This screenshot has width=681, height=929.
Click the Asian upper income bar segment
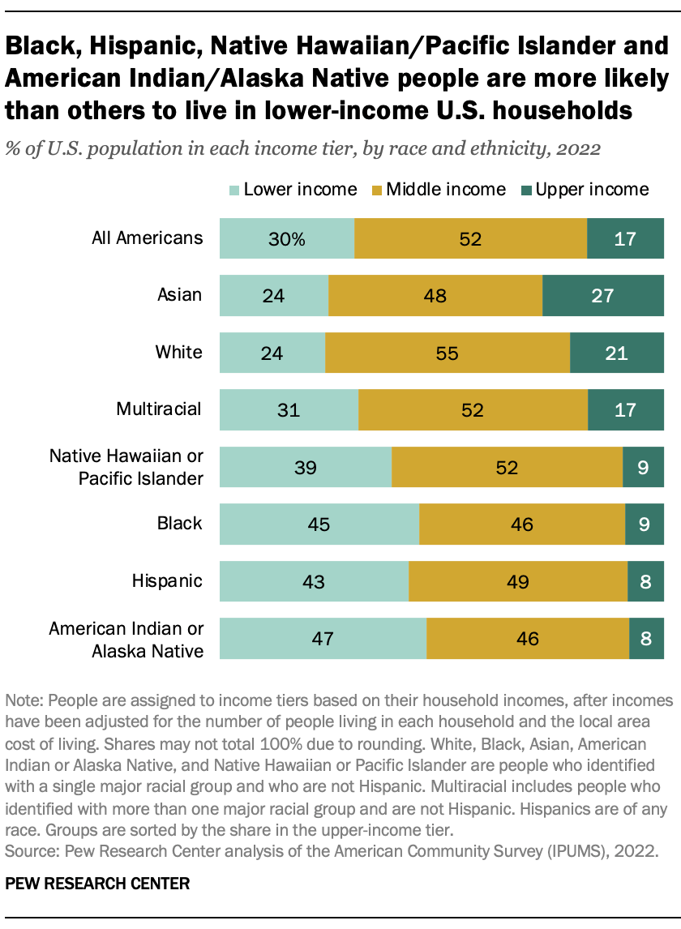coord(602,295)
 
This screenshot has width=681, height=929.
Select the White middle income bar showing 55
coord(448,353)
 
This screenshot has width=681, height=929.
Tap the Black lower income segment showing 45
coord(319,524)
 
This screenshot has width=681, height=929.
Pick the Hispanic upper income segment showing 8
coord(645,581)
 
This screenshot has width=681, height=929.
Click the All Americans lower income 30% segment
coord(287,238)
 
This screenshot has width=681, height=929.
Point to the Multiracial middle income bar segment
coord(473,409)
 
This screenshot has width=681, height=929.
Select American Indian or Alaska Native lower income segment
coord(323,638)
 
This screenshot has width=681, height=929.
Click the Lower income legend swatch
coord(233,190)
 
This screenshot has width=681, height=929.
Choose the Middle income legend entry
coord(437,190)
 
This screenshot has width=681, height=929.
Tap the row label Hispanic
coord(167,580)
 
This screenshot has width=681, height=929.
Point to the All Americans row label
coord(147,238)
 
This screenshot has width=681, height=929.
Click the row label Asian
coord(179,294)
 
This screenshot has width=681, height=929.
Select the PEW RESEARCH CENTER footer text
coord(97,883)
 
